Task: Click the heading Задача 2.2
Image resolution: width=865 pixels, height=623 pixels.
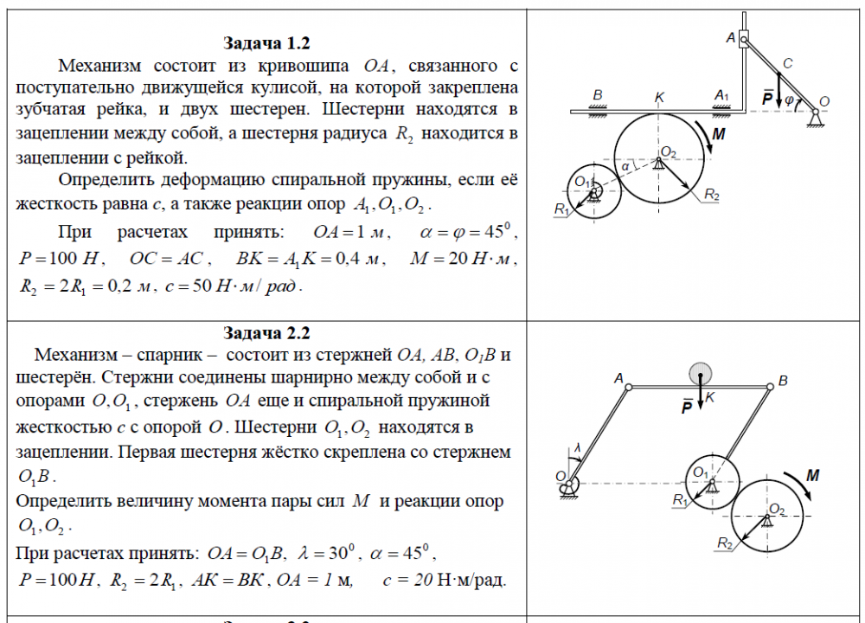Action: point(266,334)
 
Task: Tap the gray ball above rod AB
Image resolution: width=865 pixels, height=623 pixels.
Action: point(701,374)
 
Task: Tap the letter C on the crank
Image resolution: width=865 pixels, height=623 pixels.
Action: point(786,64)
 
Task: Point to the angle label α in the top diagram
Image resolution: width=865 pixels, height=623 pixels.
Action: point(625,165)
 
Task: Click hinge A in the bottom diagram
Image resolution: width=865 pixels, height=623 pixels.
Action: point(629,387)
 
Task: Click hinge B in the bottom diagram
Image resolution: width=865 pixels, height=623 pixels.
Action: point(770,387)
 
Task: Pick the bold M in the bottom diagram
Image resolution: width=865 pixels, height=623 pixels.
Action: point(812,475)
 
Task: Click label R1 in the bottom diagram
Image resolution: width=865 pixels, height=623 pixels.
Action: point(679,500)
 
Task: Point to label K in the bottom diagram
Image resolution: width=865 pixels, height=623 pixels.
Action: point(709,397)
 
